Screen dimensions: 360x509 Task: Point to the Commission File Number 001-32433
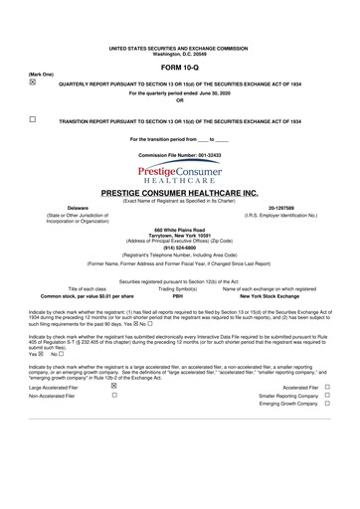[179, 157]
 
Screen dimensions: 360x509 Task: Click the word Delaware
[52, 210]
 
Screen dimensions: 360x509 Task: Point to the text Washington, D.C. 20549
[179, 52]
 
